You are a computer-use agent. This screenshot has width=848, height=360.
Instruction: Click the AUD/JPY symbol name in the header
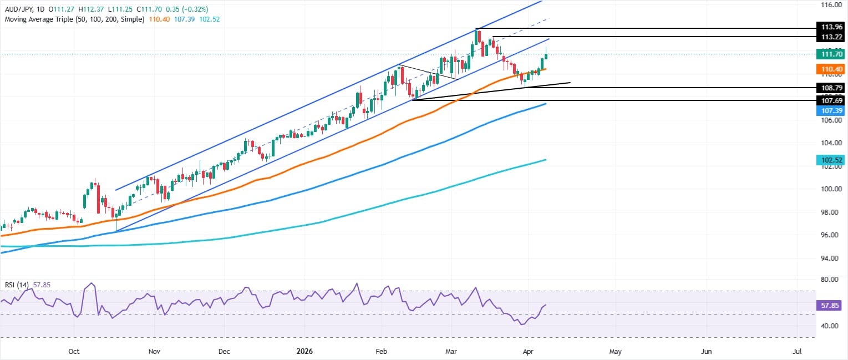pos(18,9)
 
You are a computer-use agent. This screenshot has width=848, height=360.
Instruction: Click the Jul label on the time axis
pos(798,351)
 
